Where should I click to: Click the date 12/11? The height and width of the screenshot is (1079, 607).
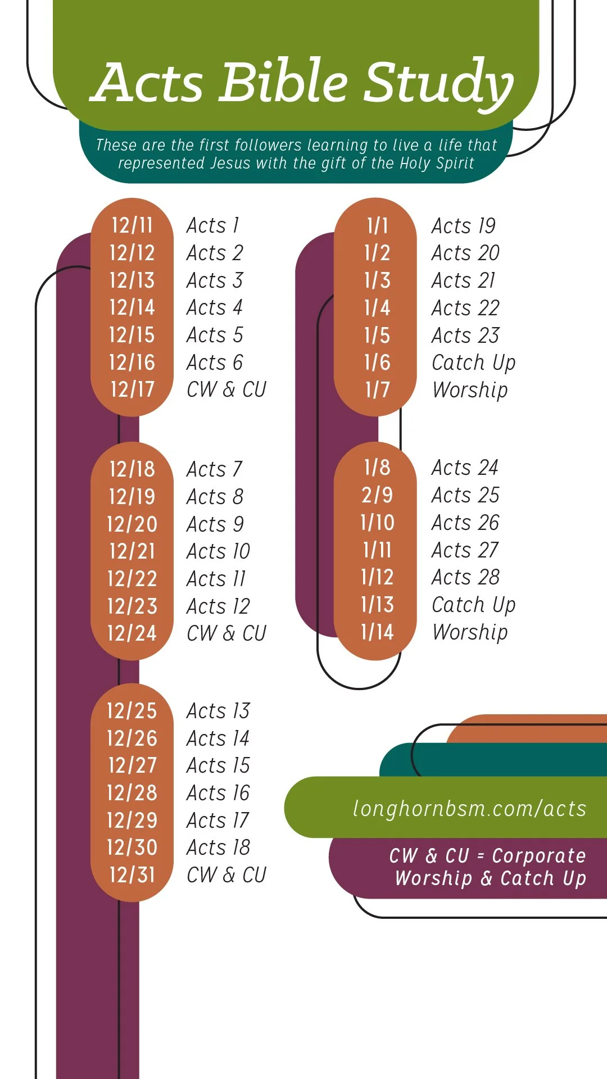pos(132,225)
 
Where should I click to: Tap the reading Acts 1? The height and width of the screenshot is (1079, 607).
pos(213,225)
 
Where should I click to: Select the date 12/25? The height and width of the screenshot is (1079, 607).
pos(132,711)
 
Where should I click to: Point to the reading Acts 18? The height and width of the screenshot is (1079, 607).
pos(218,847)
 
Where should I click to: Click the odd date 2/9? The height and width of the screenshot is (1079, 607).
pos(377,495)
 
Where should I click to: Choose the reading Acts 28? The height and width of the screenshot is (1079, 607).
pos(465,577)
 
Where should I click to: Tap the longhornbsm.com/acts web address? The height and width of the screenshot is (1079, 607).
pos(469,808)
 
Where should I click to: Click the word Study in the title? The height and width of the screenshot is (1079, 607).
pos(438,83)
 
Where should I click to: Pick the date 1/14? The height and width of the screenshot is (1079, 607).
pos(377,632)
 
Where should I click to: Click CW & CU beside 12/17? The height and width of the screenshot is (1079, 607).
pos(227,389)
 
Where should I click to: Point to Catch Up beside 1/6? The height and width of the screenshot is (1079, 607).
pos(473,363)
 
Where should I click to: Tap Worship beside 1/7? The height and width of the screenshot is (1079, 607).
pos(470,390)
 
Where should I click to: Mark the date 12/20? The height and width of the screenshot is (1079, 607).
pos(132,524)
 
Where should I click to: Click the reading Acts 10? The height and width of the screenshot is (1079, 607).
pos(218,551)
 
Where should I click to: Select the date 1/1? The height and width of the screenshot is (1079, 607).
pos(377,226)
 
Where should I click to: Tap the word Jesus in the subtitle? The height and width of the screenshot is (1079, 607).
pos(230,163)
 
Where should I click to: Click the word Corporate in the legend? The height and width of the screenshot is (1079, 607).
pos(538,855)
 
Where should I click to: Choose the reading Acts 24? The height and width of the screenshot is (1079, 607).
pos(465,468)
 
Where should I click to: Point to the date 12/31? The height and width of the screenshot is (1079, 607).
pos(132,875)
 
